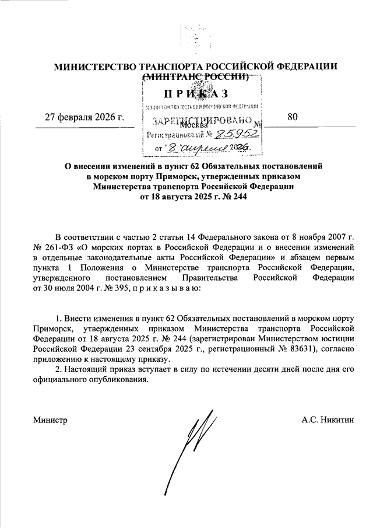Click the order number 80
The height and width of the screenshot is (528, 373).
(293, 117)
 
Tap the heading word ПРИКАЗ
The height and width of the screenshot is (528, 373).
(195, 94)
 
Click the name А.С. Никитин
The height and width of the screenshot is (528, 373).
(328, 420)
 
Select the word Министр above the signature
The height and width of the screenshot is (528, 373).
(50, 420)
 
